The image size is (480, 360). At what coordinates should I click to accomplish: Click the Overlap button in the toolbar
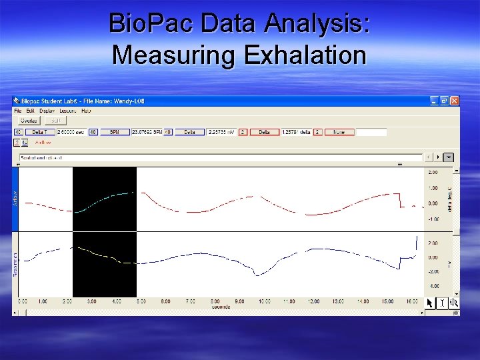point(29,121)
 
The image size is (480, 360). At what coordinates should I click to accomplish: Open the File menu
point(19,110)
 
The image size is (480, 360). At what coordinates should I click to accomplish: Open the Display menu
point(47,110)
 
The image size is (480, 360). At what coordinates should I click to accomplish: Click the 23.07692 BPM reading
point(147,132)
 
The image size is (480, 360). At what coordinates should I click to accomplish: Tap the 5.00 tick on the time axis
point(141,301)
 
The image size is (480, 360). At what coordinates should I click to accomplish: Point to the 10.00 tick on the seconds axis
point(264,301)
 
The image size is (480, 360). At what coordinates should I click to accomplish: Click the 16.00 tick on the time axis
point(411,301)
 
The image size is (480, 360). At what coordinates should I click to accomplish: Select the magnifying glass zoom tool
point(454,303)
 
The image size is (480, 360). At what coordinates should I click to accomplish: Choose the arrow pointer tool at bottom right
point(431,303)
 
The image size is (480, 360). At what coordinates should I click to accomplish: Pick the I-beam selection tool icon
point(442,303)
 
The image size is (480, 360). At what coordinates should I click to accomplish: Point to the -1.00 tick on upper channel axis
point(433,219)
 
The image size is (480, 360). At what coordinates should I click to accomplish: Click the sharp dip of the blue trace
point(257,273)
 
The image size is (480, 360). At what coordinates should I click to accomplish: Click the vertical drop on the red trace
point(399,200)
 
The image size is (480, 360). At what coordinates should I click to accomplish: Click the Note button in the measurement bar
point(339,132)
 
